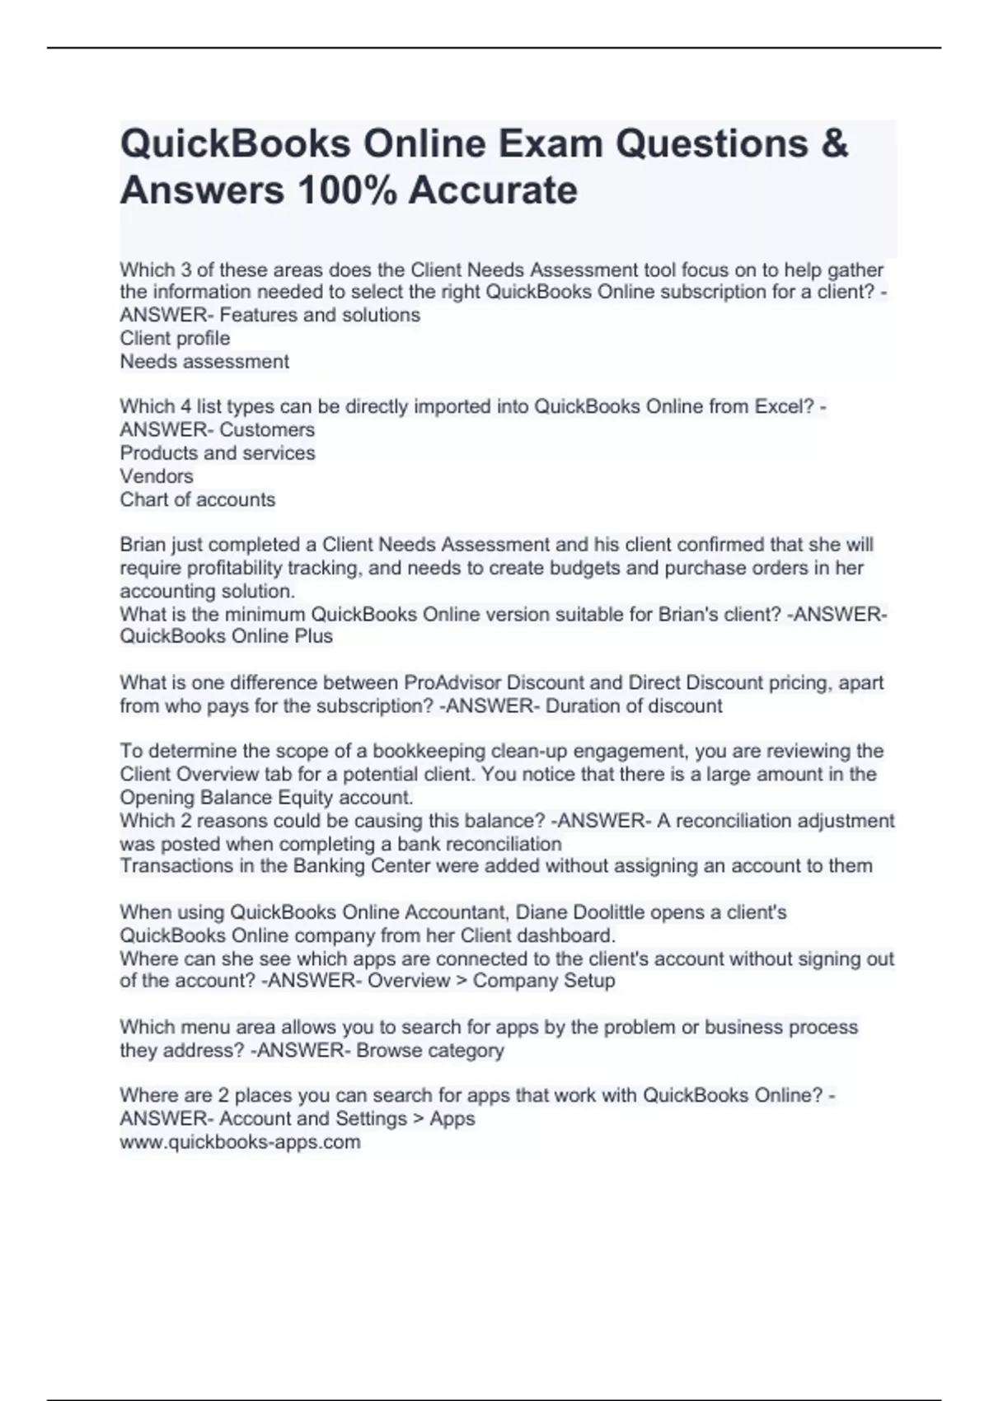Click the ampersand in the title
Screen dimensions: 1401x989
834,143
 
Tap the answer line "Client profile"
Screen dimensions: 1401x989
175,338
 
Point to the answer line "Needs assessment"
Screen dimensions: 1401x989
204,361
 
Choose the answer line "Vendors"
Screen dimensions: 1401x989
157,476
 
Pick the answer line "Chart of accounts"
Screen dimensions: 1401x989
198,499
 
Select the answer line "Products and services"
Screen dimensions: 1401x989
218,452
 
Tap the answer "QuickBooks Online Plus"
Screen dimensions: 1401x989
227,636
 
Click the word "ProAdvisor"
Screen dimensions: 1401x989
451,682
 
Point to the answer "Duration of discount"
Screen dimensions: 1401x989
634,705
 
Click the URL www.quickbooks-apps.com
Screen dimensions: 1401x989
240,1142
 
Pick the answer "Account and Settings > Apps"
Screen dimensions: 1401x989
347,1118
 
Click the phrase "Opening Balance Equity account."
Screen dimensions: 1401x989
266,797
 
